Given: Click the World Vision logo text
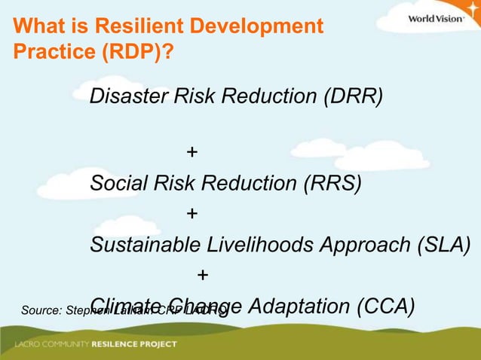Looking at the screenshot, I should point(436,19).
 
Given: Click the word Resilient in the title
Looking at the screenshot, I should point(143,28).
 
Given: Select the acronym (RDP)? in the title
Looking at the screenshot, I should point(133,55).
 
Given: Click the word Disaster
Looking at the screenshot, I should point(129,97).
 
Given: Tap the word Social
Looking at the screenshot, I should point(119,184).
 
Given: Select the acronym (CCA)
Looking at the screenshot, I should point(384,307).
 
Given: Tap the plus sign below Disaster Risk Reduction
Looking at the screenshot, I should point(192,153).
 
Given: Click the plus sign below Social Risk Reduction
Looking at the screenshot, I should point(192,214).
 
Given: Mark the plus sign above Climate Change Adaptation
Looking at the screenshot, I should point(202,276).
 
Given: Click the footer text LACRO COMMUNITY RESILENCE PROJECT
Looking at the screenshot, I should point(95,344).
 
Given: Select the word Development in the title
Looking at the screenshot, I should point(258,28).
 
